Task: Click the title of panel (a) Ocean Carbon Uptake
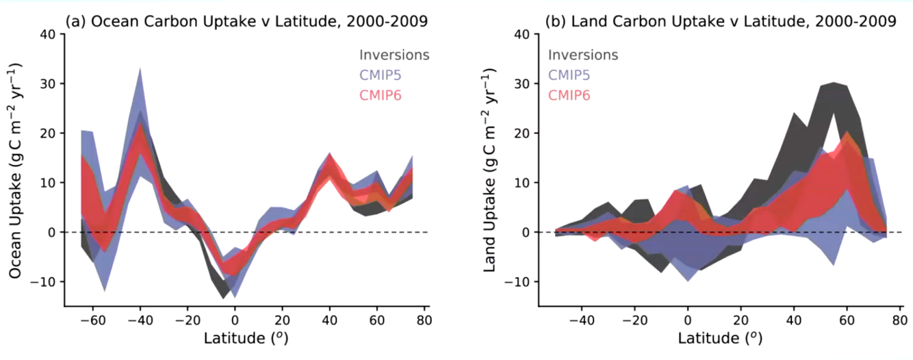click(x=246, y=21)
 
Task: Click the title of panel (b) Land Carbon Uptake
click(x=720, y=21)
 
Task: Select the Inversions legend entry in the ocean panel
click(x=394, y=55)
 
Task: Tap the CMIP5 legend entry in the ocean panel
click(x=381, y=75)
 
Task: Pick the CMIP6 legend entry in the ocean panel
click(x=381, y=94)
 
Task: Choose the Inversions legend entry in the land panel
click(x=583, y=55)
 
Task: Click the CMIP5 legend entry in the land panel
click(x=570, y=75)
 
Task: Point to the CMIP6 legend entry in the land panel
click(x=570, y=94)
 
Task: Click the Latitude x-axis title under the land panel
click(x=720, y=338)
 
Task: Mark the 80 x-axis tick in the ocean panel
click(x=424, y=320)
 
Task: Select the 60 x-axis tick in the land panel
click(x=846, y=320)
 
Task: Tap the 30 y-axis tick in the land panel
click(x=522, y=83)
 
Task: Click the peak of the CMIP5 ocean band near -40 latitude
click(x=140, y=68)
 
